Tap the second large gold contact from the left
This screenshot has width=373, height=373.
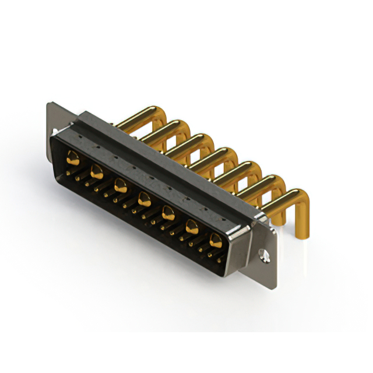coord(97,171)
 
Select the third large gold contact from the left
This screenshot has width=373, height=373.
coord(121,186)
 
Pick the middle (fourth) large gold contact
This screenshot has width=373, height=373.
coord(145,201)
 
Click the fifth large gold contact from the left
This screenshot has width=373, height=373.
coord(168,213)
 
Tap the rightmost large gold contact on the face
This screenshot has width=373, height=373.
coord(216,239)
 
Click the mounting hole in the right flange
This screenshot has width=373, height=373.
coord(263,255)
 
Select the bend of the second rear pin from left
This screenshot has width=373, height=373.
coord(175,125)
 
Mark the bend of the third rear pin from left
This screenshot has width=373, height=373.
coord(201,140)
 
